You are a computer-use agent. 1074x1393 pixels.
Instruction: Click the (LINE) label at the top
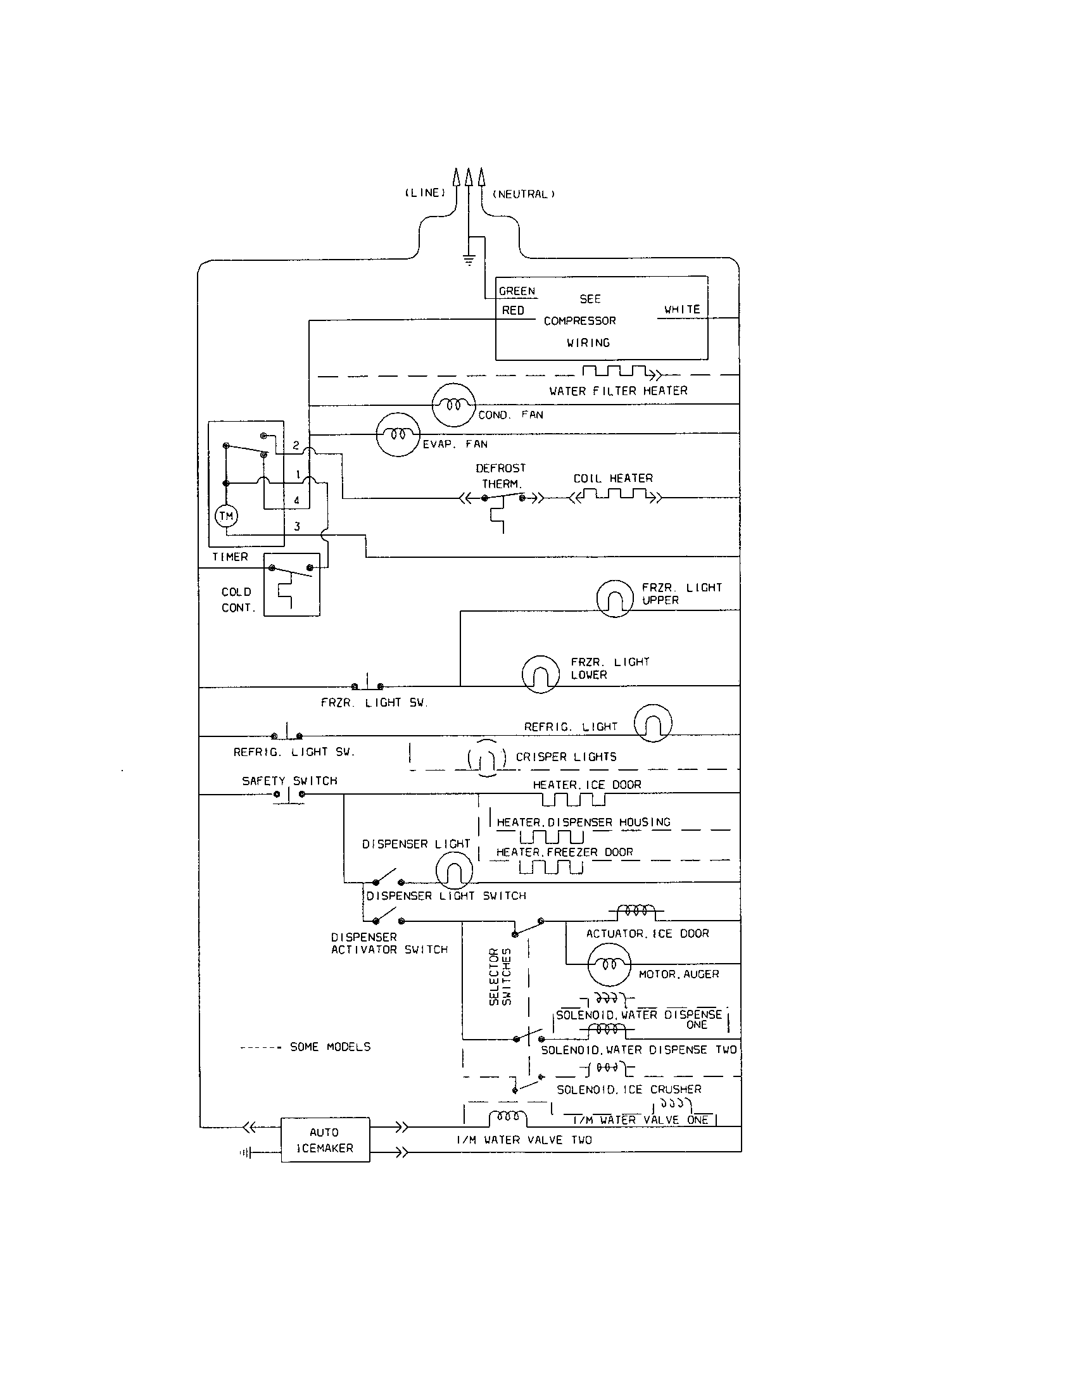click(x=426, y=192)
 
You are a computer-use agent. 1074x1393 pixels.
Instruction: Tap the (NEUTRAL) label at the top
click(x=524, y=194)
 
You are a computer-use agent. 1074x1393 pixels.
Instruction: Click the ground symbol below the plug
click(x=469, y=260)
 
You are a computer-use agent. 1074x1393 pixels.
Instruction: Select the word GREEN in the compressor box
click(x=517, y=291)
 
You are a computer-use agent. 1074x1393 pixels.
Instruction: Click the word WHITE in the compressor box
click(x=682, y=310)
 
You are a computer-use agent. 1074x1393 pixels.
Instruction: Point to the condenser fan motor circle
click(x=453, y=405)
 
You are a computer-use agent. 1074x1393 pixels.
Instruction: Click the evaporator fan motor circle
click(x=398, y=434)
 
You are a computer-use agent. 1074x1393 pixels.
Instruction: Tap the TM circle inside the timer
click(x=227, y=516)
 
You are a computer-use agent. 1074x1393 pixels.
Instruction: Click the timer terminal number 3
click(x=296, y=527)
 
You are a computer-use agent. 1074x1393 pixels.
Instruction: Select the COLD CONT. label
click(x=237, y=600)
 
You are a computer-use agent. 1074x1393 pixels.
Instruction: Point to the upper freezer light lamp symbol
click(x=614, y=598)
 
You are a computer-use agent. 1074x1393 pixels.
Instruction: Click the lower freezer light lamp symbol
click(x=540, y=674)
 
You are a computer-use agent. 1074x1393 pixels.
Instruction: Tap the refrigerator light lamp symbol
click(x=652, y=723)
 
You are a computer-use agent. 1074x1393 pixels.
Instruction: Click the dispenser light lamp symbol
click(x=454, y=871)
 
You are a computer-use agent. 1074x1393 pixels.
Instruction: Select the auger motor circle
click(x=609, y=964)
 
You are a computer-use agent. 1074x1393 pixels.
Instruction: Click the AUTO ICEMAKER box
click(x=325, y=1140)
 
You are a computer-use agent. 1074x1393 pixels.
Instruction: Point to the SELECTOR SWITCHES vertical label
click(x=500, y=976)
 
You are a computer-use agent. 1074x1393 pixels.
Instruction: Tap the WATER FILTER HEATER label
click(x=618, y=391)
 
